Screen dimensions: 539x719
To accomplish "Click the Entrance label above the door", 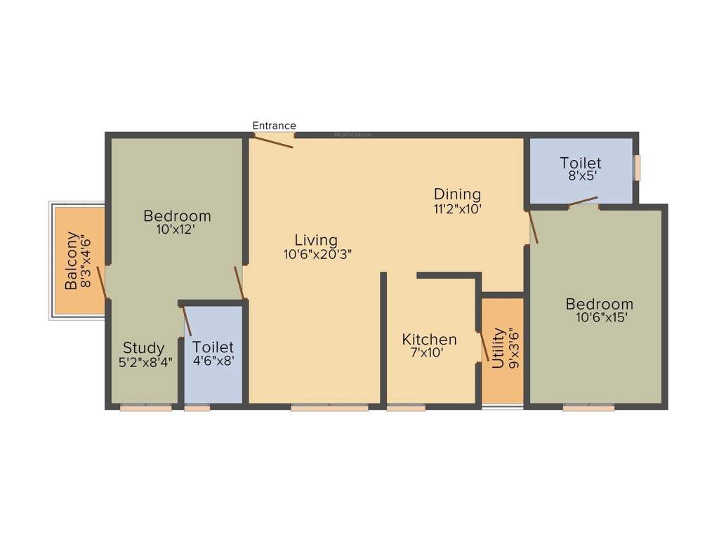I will [274, 126].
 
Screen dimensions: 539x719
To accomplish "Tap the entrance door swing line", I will [273, 141].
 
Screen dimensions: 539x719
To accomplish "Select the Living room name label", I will [316, 240].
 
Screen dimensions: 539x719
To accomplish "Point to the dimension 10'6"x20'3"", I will [317, 255].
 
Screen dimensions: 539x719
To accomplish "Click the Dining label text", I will [457, 194].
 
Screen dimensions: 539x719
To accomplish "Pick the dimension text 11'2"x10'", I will [457, 208].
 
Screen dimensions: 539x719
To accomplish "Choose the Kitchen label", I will [429, 340].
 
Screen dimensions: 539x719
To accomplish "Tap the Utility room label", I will [498, 348].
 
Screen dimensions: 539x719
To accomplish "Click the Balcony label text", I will [72, 260].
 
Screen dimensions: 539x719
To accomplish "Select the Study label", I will [144, 347].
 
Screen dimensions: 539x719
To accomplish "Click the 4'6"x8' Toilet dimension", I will [213, 362].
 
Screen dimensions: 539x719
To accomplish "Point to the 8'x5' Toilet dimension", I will [581, 178].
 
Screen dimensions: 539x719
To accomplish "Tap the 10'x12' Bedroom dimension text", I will [177, 229].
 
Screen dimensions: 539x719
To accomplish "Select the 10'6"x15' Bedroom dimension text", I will [600, 317].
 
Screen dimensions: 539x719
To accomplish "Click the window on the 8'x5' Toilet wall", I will [638, 168].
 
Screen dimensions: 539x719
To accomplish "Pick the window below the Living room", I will [329, 406].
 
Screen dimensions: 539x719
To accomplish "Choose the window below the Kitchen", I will [406, 406].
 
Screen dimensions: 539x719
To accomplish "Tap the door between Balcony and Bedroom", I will [102, 282].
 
